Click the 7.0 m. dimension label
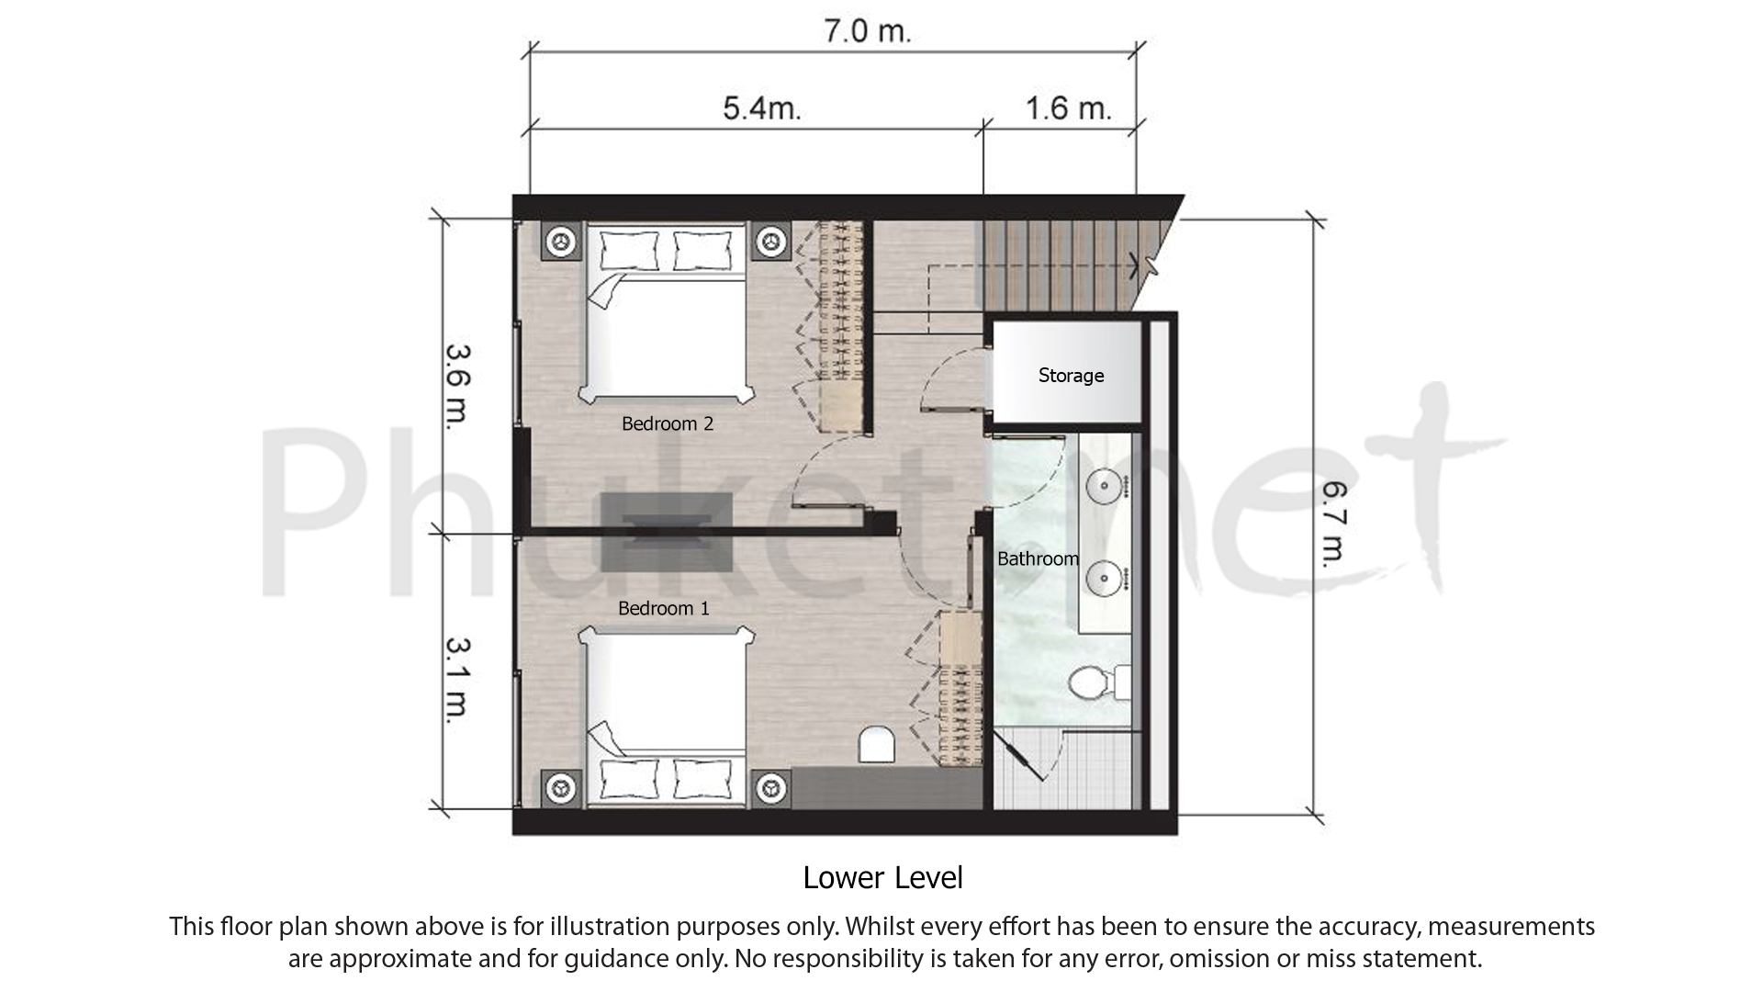tap(867, 32)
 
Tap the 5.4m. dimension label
tap(762, 108)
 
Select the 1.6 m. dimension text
tap(1068, 108)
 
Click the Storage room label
tap(1071, 376)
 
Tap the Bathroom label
tap(1038, 558)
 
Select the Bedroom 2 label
tap(668, 423)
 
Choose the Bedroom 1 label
tap(663, 608)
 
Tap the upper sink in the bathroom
tap(1104, 484)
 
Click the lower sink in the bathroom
tap(1104, 578)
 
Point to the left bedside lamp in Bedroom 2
tap(561, 242)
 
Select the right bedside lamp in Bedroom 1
tap(771, 788)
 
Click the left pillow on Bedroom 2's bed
tap(630, 249)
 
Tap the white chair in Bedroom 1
tap(877, 745)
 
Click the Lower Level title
tap(882, 878)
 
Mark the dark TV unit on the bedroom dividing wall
tap(668, 532)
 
